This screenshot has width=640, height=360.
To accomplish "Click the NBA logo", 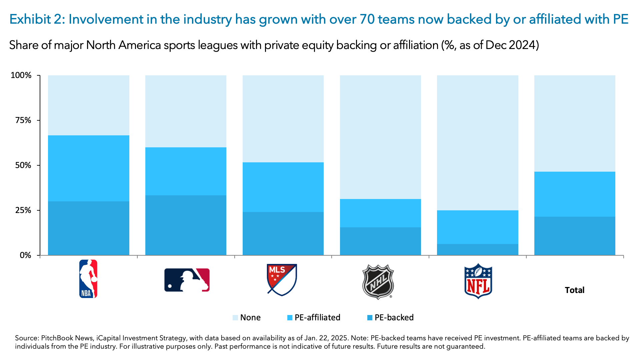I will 88,279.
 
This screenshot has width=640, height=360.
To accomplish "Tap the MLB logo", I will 187,280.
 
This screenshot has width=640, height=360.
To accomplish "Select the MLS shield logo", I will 282,280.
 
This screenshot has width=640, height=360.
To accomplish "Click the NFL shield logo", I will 478,281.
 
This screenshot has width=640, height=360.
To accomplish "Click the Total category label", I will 574,290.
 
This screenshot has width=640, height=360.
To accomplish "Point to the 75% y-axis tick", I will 23,120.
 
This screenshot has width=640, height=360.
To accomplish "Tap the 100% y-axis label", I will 21,75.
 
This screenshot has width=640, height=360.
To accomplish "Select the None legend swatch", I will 235,318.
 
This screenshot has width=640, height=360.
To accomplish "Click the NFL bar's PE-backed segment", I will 477,250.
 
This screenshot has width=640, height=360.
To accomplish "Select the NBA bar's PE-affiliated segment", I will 88,168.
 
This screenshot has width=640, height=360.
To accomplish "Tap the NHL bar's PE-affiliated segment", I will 380,213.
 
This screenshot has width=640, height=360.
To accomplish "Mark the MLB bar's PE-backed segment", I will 186,225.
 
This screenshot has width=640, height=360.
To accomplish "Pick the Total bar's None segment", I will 575,123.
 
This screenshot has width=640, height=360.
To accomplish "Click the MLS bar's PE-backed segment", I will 283,234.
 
